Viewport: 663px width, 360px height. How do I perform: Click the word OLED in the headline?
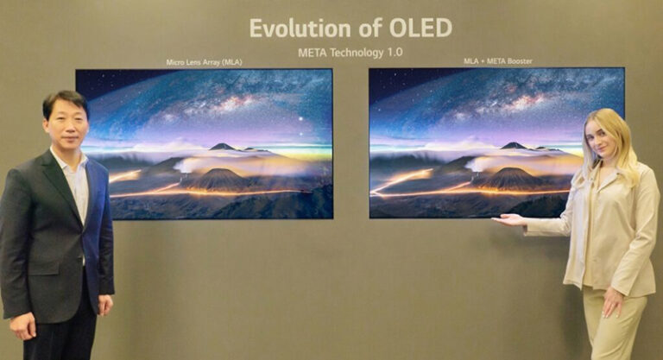click(x=420, y=28)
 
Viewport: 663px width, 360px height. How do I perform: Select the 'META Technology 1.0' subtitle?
click(x=350, y=53)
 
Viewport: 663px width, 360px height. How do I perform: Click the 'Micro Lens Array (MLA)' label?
click(x=204, y=62)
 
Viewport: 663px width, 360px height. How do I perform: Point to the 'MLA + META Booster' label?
click(x=496, y=62)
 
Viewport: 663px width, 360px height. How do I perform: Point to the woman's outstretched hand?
click(x=508, y=220)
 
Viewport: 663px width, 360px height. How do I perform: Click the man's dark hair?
click(x=65, y=100)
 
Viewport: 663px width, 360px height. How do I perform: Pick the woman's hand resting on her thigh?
click(x=615, y=302)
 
